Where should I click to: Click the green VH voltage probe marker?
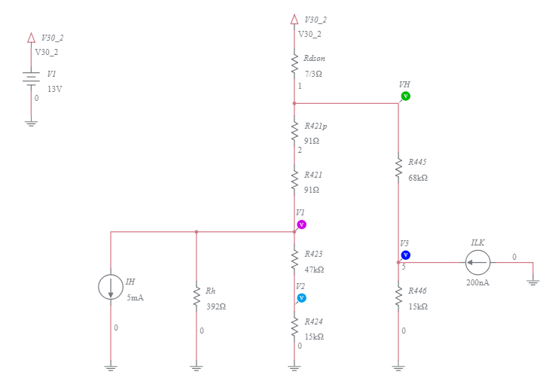coord(405,96)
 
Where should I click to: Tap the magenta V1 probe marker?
coord(301,224)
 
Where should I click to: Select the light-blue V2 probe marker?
coord(301,298)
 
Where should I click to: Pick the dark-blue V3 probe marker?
coord(405,255)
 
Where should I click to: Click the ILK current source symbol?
coord(477,263)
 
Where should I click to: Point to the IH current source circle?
coord(111,287)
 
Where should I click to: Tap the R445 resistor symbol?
coord(398,169)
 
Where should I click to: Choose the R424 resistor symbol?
coord(294,329)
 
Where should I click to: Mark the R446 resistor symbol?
coord(398,297)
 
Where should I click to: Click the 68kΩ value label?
coord(418,178)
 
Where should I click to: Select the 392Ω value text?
coord(217,306)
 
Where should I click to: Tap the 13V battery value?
coord(54,89)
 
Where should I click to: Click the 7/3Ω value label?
coord(313,74)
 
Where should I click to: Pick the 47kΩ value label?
coord(314,270)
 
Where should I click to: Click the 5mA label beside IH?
coord(135,297)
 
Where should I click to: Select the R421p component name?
coord(316,126)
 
